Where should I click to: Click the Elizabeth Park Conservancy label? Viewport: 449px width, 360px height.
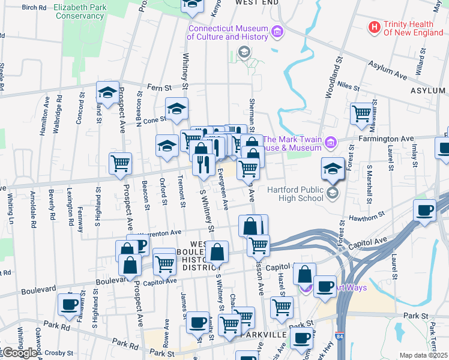tap(79, 11)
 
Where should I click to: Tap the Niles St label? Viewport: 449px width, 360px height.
tap(348, 87)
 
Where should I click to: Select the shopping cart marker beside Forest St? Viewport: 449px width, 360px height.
tap(362, 113)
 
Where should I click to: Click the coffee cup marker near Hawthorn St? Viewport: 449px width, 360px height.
tap(425, 211)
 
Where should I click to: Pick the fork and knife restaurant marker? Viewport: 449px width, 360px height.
tap(203, 163)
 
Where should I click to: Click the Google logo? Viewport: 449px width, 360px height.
tap(19, 353)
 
